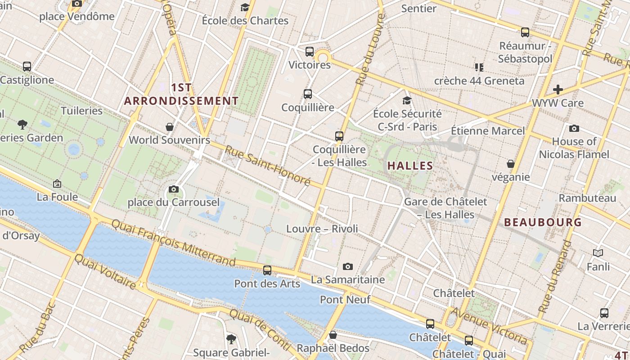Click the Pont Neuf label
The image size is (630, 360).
(x=345, y=299)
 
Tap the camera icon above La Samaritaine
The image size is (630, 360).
(x=348, y=267)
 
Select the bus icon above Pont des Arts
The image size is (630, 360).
(x=267, y=270)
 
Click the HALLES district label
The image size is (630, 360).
(x=410, y=166)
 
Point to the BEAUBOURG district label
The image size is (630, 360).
(x=543, y=222)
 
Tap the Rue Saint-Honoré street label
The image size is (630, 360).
(x=268, y=166)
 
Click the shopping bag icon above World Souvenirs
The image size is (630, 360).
(x=170, y=127)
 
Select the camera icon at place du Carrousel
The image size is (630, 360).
(x=174, y=189)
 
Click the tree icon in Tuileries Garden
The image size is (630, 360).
(x=22, y=125)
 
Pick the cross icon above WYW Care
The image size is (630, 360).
(x=558, y=90)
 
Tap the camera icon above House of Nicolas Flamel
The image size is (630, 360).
(x=574, y=129)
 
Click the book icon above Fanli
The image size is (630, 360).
(x=598, y=253)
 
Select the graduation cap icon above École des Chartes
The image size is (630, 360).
(x=245, y=7)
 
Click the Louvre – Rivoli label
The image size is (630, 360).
(x=322, y=229)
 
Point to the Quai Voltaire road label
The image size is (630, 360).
(x=105, y=271)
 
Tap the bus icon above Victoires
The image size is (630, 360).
(x=310, y=52)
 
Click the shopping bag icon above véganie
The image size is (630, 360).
(x=511, y=164)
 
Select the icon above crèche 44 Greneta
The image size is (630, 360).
(x=479, y=67)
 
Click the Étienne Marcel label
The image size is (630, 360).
(x=488, y=131)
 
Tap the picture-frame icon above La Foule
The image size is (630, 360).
(x=57, y=184)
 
